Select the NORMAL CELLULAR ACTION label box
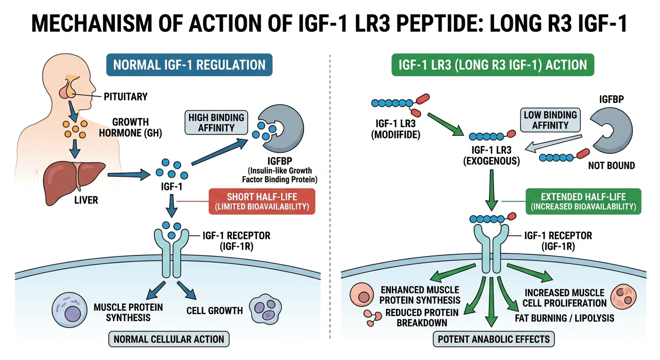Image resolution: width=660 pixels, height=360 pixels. [169, 338]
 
